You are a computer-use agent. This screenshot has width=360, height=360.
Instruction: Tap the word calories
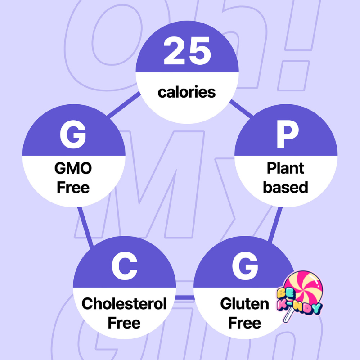pyautogui.click(x=187, y=92)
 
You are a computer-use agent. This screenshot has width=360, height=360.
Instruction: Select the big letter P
pyautogui.click(x=287, y=135)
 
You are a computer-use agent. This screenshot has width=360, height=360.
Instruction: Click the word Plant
pyautogui.click(x=286, y=168)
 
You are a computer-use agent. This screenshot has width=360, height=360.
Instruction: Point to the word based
pyautogui.click(x=286, y=187)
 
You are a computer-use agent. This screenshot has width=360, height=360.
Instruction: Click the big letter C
pyautogui.click(x=124, y=267)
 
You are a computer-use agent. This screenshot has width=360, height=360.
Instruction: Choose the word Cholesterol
pyautogui.click(x=124, y=304)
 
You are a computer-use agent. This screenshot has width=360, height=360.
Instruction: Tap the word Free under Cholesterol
pyautogui.click(x=124, y=323)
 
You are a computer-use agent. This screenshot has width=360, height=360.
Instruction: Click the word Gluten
pyautogui.click(x=244, y=304)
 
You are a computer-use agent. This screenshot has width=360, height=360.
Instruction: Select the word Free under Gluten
pyautogui.click(x=244, y=323)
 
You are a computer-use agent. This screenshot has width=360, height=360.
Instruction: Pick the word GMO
pyautogui.click(x=74, y=168)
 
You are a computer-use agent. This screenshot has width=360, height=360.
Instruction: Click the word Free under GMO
pyautogui.click(x=74, y=187)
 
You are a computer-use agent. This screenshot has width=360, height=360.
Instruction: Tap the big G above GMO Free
pyautogui.click(x=73, y=135)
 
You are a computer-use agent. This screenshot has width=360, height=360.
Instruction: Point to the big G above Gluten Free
pyautogui.click(x=244, y=267)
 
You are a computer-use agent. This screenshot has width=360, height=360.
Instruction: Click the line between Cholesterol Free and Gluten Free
pyautogui.click(x=184, y=297)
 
